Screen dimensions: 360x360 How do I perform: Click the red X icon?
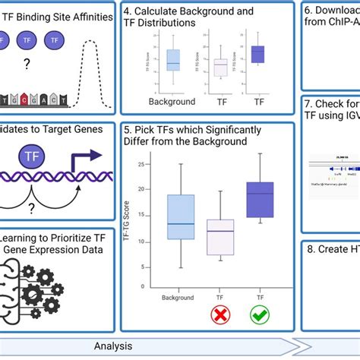coord(219,313)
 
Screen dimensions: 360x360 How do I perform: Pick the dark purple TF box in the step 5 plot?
coord(261,200)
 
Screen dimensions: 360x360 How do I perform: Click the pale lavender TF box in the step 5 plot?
coord(220,237)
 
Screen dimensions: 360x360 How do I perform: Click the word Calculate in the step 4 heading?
coord(158,11)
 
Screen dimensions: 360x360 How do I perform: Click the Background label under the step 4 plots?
coord(172,100)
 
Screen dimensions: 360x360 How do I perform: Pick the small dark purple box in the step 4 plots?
coord(258,54)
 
